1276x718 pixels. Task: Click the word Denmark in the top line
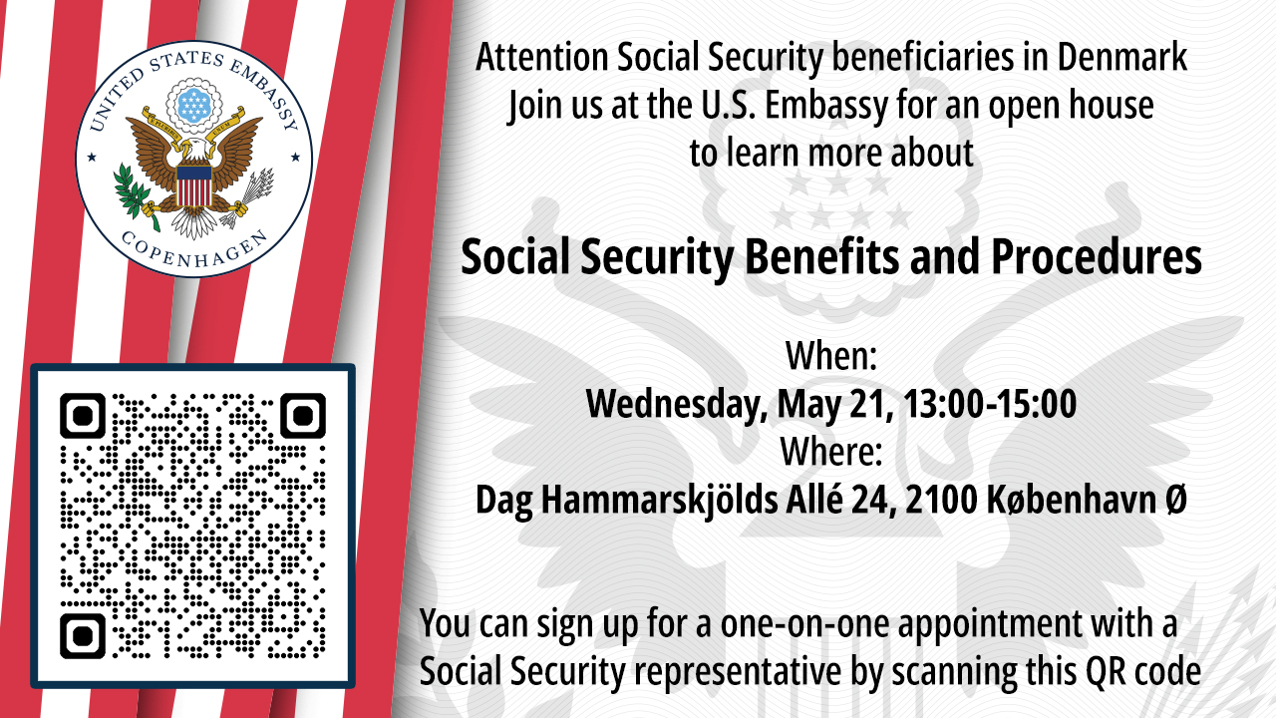(1122, 57)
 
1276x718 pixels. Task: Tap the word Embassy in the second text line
(826, 107)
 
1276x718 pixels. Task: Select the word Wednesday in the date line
(676, 405)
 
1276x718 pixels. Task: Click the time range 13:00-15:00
(990, 404)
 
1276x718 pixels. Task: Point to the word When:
(831, 356)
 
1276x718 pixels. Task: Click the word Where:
(831, 452)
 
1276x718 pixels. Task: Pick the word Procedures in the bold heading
(1097, 258)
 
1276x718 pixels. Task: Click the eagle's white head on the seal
(193, 149)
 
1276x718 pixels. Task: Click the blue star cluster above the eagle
(194, 106)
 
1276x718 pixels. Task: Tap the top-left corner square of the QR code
(83, 416)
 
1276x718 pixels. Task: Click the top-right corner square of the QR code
(302, 416)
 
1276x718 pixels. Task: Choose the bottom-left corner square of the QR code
(83, 636)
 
